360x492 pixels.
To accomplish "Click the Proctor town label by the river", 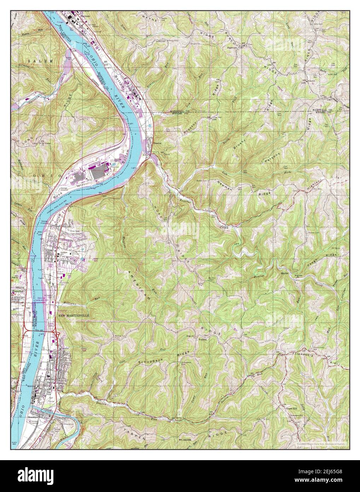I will tap(158, 144).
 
